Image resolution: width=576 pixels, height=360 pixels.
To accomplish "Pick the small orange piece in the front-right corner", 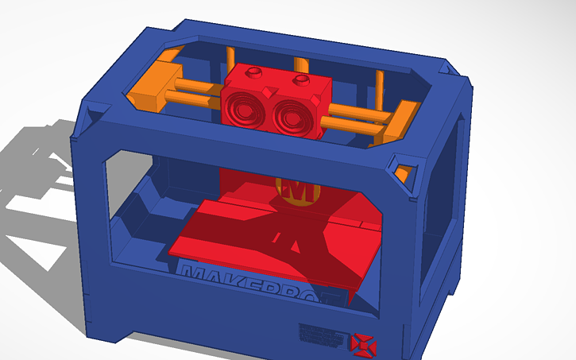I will pos(405,172).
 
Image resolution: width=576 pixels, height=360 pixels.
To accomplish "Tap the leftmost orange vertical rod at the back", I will pos(231,59).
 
